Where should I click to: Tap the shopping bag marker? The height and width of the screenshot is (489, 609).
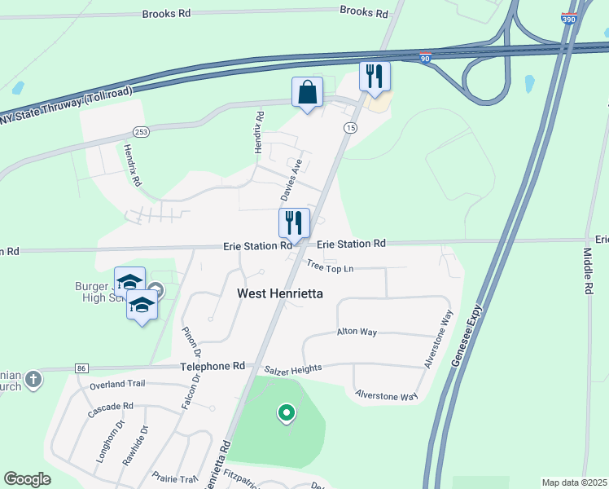coord(308,94)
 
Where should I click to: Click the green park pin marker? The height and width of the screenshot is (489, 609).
coord(286,413)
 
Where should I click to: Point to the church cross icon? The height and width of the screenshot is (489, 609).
coord(33,379)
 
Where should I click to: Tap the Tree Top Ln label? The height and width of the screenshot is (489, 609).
coord(331,267)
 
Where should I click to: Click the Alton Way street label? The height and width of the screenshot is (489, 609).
coord(357,332)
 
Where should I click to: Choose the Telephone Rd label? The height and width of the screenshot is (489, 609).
coord(212,367)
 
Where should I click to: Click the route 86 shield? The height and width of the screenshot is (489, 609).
coord(81,368)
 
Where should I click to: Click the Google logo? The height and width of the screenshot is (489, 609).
coord(28,479)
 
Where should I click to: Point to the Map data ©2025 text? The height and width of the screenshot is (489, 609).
coord(573,482)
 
